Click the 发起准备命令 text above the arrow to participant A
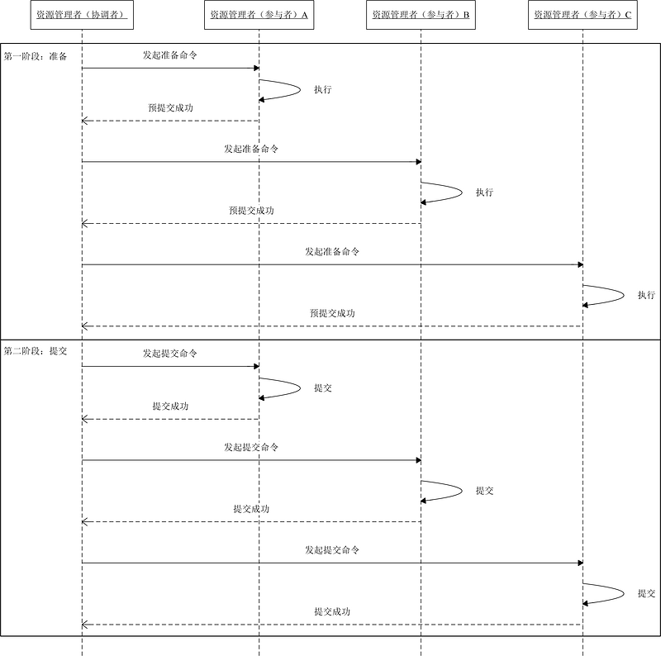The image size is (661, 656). point(169,55)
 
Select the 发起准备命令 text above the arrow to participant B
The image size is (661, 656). point(250,150)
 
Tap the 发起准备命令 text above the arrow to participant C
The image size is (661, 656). point(331,252)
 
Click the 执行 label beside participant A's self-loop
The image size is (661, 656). point(322,89)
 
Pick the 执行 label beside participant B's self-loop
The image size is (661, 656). point(484,193)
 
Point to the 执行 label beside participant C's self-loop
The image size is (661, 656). point(646,295)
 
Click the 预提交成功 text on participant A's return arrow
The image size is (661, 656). point(170,108)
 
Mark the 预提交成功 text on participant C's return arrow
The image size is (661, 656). point(332,313)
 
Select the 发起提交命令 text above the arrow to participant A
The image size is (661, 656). point(169,354)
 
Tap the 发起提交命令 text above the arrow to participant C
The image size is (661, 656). point(331,550)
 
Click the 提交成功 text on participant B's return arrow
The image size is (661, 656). point(251,509)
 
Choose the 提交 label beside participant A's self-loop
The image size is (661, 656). point(322,387)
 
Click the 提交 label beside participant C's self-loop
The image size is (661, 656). point(646,593)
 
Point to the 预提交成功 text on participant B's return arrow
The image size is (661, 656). point(251,211)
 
